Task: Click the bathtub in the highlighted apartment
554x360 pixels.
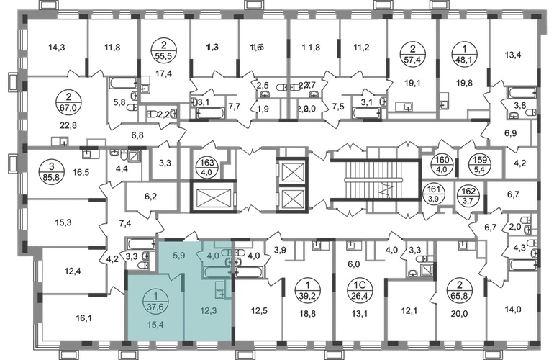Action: point(217,272)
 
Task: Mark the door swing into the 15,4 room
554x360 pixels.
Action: point(173,277)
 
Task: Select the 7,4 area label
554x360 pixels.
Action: point(122,225)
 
